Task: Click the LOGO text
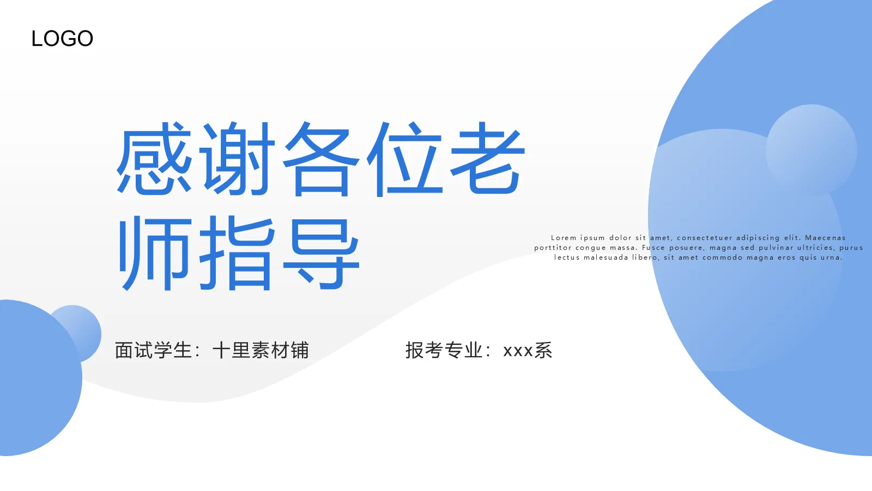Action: (x=62, y=39)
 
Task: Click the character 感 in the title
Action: (x=154, y=158)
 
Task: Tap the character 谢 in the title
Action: (x=238, y=158)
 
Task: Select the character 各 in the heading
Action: (x=322, y=158)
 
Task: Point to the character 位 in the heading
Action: (x=404, y=158)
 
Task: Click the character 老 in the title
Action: (x=487, y=158)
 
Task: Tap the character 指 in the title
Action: (x=238, y=253)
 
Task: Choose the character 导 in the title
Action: (x=322, y=253)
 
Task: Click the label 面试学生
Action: (x=153, y=350)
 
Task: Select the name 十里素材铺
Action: (x=261, y=350)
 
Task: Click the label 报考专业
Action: (x=444, y=350)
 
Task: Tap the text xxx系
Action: (x=528, y=350)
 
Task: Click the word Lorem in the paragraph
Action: (x=564, y=238)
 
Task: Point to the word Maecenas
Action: (x=825, y=238)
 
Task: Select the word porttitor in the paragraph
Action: (x=553, y=248)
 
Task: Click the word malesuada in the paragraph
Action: (x=605, y=258)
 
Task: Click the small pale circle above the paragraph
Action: (x=811, y=149)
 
